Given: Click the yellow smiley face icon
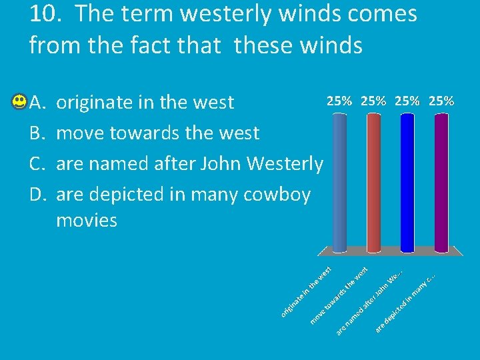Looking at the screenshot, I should coord(19,102).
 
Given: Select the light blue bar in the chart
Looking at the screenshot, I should coord(339,180).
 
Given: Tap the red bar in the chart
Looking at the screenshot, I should coord(373,180).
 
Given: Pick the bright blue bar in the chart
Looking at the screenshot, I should coord(407,180).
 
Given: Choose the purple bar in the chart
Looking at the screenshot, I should coord(441,180).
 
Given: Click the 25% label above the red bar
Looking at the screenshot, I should coord(373,101).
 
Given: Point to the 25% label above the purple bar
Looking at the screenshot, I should coord(441,101).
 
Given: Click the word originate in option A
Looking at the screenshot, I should coord(95,103).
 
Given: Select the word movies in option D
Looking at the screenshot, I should coord(87,220).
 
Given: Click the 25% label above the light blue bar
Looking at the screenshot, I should coord(339,101).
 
